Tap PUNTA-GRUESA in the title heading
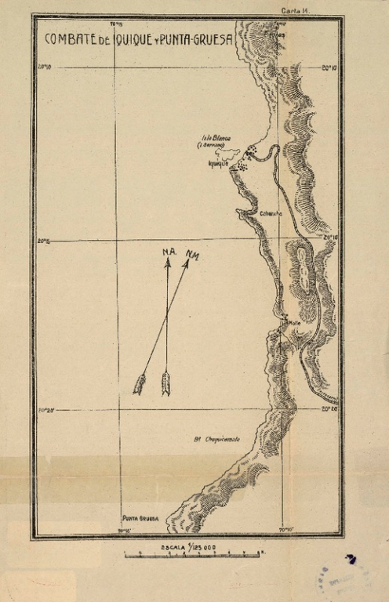coord(196,39)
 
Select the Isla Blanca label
coord(213,137)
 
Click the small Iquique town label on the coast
coord(217,164)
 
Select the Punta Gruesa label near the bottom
coord(140,518)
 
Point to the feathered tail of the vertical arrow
coord(166,383)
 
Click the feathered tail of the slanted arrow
coord(140,384)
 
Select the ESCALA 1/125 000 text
coord(188,546)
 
